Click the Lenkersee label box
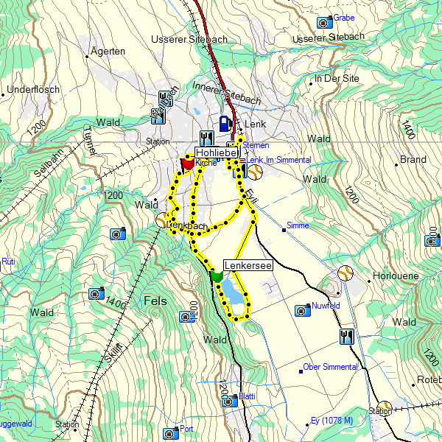(248, 264)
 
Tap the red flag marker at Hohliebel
(187, 164)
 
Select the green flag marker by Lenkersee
(216, 276)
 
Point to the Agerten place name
(108, 52)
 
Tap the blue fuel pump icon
(225, 124)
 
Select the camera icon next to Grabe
(323, 22)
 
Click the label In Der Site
(337, 78)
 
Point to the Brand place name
(413, 159)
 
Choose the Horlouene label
(396, 276)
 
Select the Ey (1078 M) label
(332, 421)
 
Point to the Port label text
(186, 429)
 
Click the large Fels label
(155, 301)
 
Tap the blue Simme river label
(298, 225)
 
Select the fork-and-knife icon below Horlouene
(346, 337)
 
